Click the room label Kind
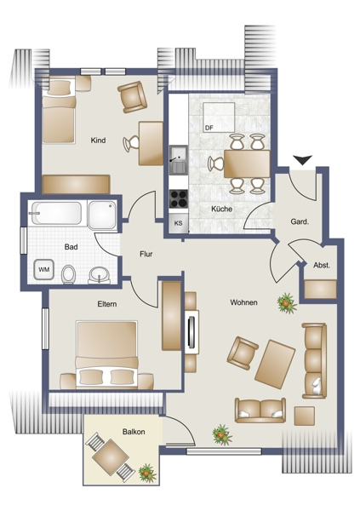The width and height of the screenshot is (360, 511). pyautogui.click(x=98, y=141)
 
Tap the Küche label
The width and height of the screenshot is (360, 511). pyautogui.click(x=222, y=209)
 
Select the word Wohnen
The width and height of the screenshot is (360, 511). pyautogui.click(x=243, y=302)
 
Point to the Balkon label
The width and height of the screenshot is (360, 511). pyautogui.click(x=134, y=432)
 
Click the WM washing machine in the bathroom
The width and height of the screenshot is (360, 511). pyautogui.click(x=44, y=269)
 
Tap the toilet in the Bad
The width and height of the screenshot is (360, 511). pyautogui.click(x=68, y=274)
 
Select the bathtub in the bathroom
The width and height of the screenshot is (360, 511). pyautogui.click(x=54, y=214)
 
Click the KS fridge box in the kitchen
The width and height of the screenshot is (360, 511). pyautogui.click(x=178, y=223)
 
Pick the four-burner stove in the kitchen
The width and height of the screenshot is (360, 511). pyautogui.click(x=179, y=198)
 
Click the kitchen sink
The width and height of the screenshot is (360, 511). pyautogui.click(x=179, y=159)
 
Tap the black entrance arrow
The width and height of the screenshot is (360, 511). pyautogui.click(x=302, y=160)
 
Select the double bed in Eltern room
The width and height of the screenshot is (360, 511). pyautogui.click(x=106, y=354)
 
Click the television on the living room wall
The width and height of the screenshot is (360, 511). pyautogui.click(x=191, y=332)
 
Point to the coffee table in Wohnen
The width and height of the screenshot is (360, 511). pyautogui.click(x=275, y=364)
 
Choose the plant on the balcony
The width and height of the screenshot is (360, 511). pyautogui.click(x=147, y=474)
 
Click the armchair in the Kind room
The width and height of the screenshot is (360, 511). pyautogui.click(x=132, y=97)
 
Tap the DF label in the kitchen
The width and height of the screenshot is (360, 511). pyautogui.click(x=209, y=128)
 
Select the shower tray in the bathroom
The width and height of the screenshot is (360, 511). pyautogui.click(x=102, y=215)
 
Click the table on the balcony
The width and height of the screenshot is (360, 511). pyautogui.click(x=110, y=456)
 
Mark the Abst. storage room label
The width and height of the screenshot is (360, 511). pyautogui.click(x=322, y=265)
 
